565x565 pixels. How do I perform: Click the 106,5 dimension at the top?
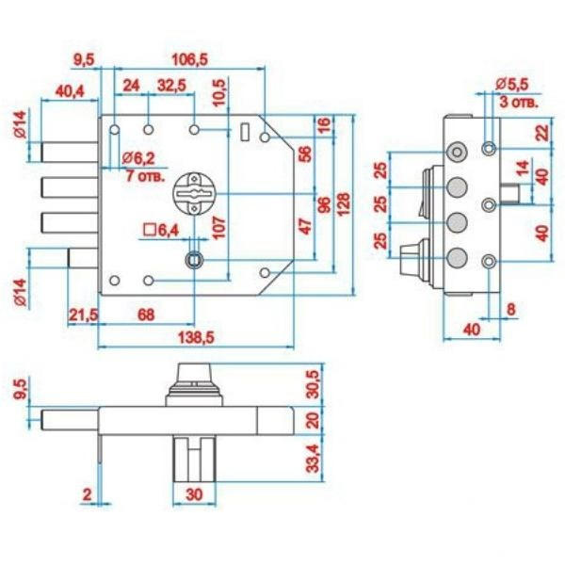[x=189, y=59]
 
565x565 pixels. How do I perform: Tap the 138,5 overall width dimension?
[x=197, y=338]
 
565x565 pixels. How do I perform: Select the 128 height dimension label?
[x=344, y=204]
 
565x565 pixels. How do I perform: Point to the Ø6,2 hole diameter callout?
[x=138, y=158]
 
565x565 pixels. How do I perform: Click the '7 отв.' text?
[x=145, y=176]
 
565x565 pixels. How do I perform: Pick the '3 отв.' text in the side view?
[x=519, y=102]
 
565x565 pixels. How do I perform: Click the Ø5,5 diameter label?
[x=512, y=85]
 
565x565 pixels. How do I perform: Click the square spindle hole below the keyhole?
[x=194, y=259]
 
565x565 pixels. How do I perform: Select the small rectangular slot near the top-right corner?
[x=245, y=132]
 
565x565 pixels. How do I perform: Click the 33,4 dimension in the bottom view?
[x=313, y=458]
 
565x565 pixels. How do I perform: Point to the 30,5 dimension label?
[x=313, y=384]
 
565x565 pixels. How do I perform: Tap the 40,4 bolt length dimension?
[x=70, y=91]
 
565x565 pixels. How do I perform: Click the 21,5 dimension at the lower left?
[x=83, y=315]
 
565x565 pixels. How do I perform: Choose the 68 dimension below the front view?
[x=146, y=315]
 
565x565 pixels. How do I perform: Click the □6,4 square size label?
[x=161, y=231]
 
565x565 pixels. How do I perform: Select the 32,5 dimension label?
[x=172, y=86]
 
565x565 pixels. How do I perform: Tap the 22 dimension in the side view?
[x=542, y=132]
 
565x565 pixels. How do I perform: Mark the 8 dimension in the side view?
[x=511, y=310]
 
